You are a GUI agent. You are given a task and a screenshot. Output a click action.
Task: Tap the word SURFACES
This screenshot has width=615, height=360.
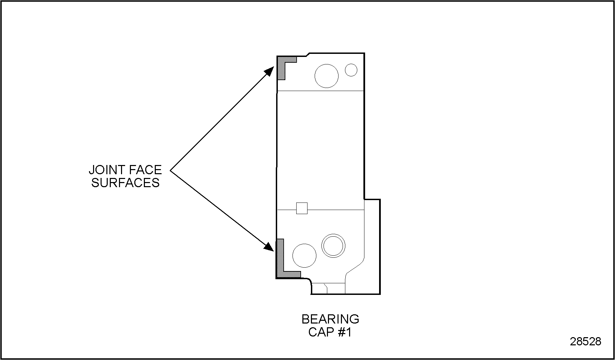tap(125, 183)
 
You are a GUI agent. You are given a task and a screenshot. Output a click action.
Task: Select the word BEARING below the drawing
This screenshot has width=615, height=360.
tap(330, 319)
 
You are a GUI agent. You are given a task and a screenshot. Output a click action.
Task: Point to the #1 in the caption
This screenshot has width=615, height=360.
tap(345, 332)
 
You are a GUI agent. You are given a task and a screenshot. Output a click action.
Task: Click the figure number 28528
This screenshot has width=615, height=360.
tap(586, 342)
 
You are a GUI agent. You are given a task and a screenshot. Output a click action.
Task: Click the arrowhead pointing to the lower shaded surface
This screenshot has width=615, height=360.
tap(270, 247)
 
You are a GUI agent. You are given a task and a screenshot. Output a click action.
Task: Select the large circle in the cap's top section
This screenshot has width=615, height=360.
tap(327, 76)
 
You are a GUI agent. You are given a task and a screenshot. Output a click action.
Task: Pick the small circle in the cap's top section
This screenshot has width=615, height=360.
tap(351, 70)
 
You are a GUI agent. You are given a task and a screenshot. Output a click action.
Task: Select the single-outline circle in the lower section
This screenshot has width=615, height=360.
tap(304, 255)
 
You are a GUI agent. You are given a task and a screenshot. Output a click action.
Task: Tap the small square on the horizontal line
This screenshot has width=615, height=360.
tap(302, 208)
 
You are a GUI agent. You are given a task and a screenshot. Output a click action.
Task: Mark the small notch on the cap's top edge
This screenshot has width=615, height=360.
tap(307, 55)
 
